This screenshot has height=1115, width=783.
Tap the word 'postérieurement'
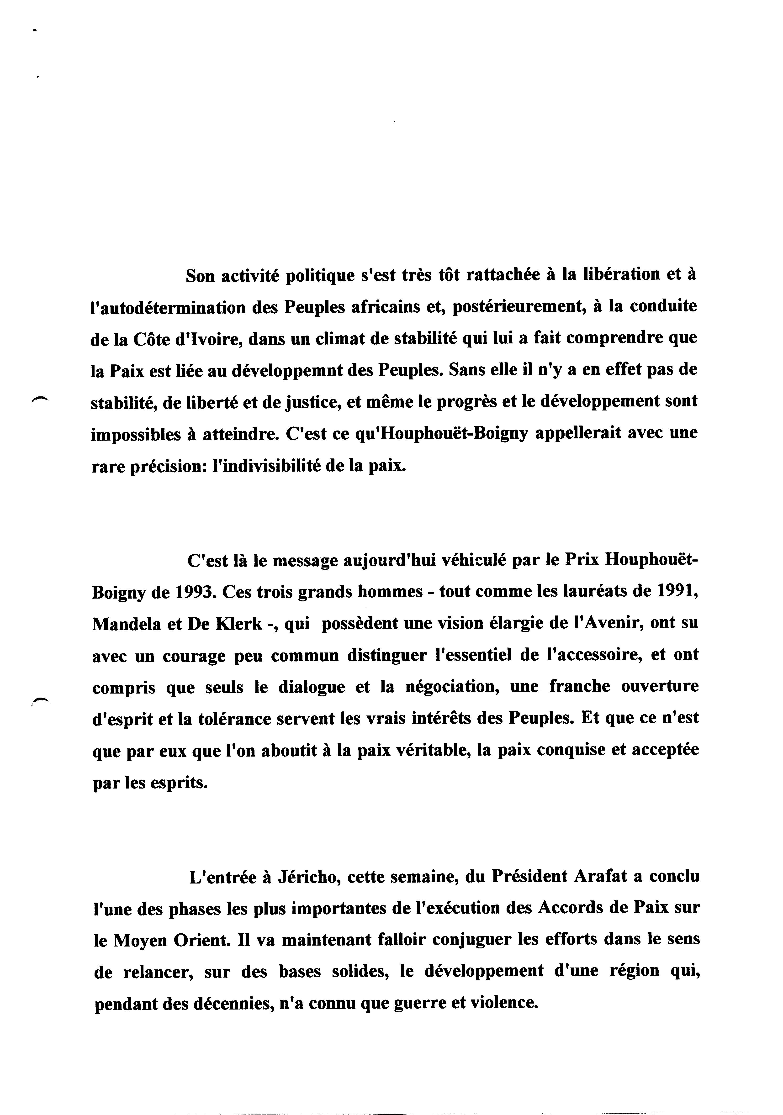pos(516,307)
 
